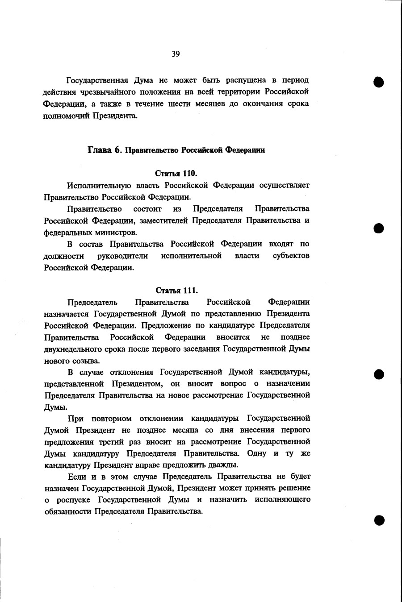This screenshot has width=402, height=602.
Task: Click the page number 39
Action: [176, 54]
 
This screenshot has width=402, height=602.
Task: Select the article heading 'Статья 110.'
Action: [176, 173]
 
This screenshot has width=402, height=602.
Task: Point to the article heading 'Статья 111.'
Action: [176, 291]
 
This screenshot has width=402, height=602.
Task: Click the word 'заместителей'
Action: [164, 220]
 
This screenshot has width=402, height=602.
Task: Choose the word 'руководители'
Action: [122, 256]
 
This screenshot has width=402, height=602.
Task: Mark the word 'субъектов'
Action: [291, 256]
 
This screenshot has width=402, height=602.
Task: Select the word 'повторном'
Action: [112, 419]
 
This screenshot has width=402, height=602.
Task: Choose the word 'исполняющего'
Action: [283, 499]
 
